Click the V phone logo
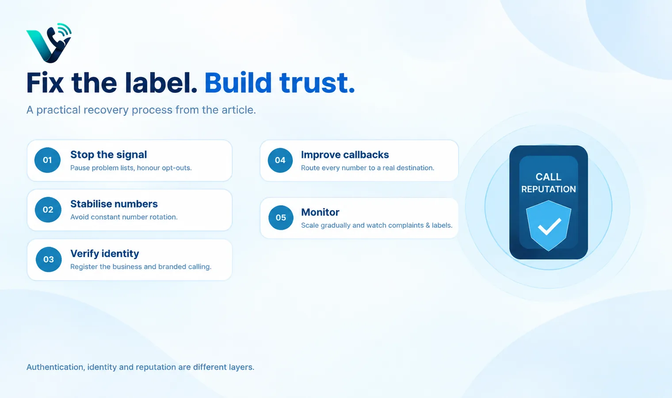pyautogui.click(x=49, y=43)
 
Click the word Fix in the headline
pyautogui.click(x=45, y=83)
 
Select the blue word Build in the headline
pyautogui.click(x=238, y=83)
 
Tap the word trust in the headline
pyautogui.click(x=317, y=83)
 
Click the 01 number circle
pyautogui.click(x=47, y=160)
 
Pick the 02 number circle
pyautogui.click(x=48, y=210)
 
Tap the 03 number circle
pyautogui.click(x=49, y=259)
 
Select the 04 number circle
pyautogui.click(x=280, y=160)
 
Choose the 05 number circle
pyautogui.click(x=281, y=218)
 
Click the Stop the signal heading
pyautogui.click(x=109, y=155)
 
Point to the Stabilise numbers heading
pyautogui.click(x=114, y=204)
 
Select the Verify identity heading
pyautogui.click(x=105, y=254)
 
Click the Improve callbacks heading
pyautogui.click(x=345, y=155)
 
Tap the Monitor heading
pyautogui.click(x=320, y=212)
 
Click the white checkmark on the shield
pyautogui.click(x=549, y=226)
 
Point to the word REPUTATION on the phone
pyautogui.click(x=549, y=189)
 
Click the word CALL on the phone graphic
pyautogui.click(x=548, y=177)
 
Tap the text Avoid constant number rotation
pyautogui.click(x=124, y=217)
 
